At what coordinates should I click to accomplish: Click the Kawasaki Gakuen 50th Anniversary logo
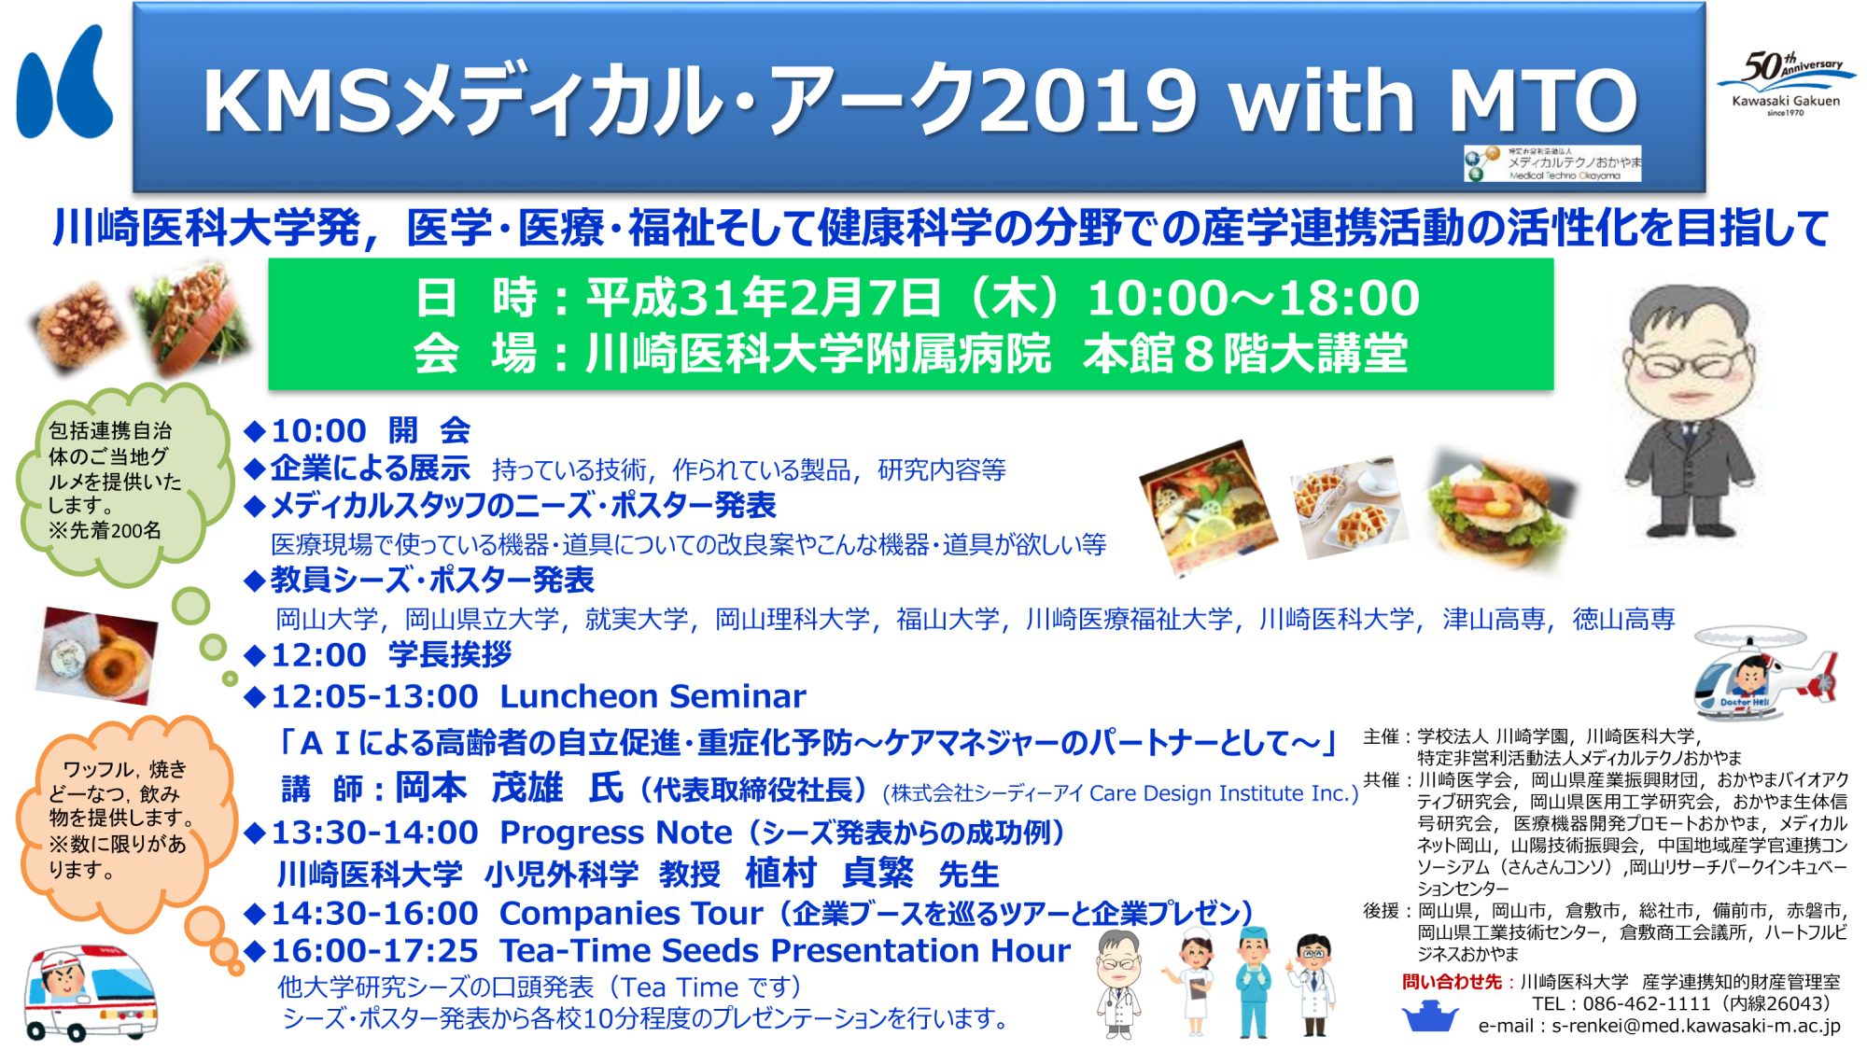[x=1786, y=83]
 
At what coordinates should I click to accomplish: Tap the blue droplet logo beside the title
[x=64, y=83]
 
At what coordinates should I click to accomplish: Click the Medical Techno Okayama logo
[x=1551, y=163]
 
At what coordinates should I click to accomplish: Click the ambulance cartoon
[x=90, y=992]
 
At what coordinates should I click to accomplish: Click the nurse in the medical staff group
[x=1194, y=982]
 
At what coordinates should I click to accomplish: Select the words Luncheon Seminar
[x=653, y=696]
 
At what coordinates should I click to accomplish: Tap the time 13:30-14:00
[x=374, y=832]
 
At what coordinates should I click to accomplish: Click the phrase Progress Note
[x=616, y=832]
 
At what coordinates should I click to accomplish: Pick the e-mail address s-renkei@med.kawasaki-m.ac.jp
[x=1696, y=1026]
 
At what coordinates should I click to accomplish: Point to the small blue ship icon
[x=1430, y=1015]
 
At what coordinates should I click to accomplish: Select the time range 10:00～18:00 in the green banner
[x=1253, y=298]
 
